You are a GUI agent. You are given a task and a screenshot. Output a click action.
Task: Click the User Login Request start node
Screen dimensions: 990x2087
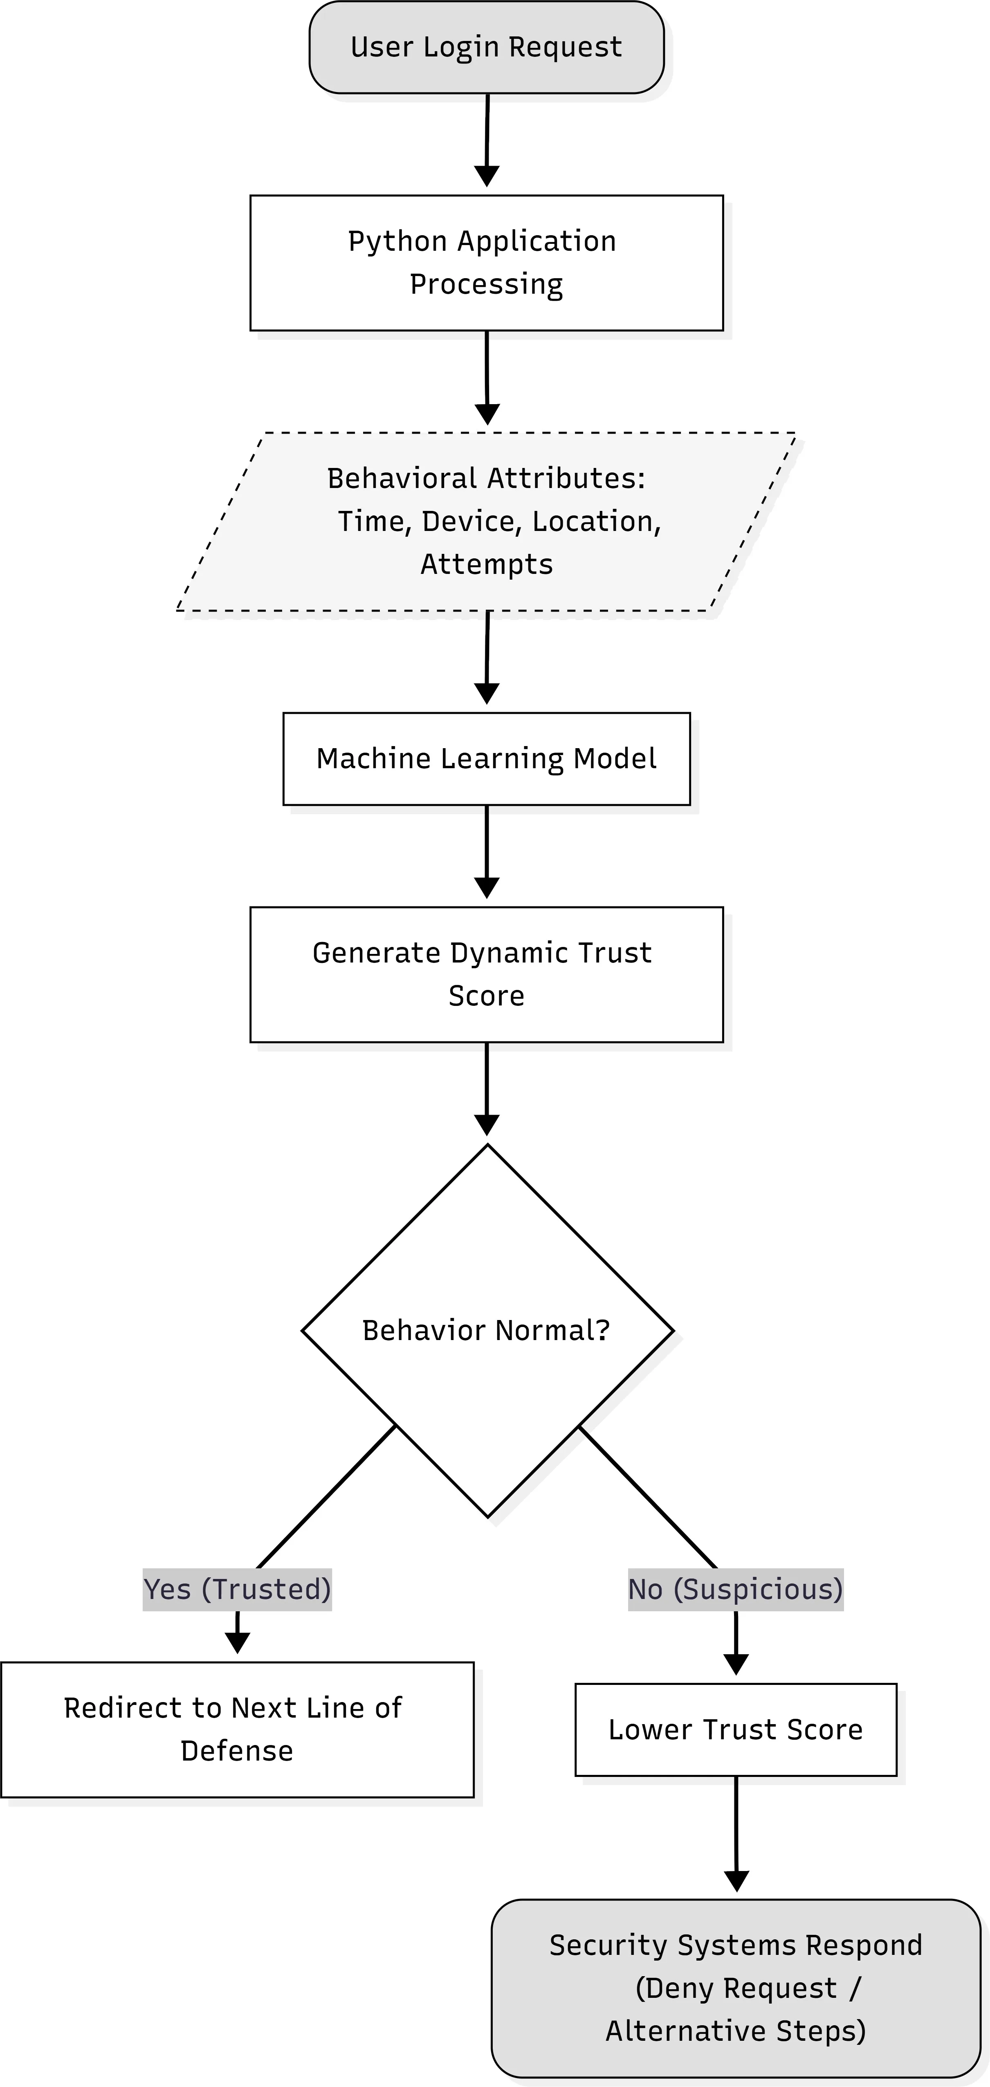point(486,47)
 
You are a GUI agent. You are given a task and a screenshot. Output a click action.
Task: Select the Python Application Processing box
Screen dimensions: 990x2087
point(486,263)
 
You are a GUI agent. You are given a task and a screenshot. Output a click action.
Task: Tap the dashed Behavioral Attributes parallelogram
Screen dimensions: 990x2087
point(486,521)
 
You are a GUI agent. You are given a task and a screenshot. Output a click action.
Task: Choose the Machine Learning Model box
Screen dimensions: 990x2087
point(486,758)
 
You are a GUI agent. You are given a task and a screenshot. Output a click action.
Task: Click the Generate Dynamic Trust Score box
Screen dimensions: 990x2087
point(486,974)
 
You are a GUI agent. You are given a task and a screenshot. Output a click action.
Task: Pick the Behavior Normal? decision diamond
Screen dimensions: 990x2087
point(487,1330)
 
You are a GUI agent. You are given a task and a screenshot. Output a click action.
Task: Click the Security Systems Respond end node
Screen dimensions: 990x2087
point(736,1988)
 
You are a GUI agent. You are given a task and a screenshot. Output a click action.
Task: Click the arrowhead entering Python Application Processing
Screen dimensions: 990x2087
point(486,176)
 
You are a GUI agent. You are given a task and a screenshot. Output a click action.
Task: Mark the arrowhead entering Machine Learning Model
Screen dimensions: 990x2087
point(486,693)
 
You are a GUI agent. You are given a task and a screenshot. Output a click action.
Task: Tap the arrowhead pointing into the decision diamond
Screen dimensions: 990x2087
point(486,1124)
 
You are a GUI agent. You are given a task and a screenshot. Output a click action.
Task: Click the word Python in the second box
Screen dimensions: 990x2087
point(398,241)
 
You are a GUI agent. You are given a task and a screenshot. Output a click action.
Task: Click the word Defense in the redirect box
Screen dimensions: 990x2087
point(237,1751)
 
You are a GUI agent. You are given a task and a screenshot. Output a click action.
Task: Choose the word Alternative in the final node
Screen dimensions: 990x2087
point(687,2031)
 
